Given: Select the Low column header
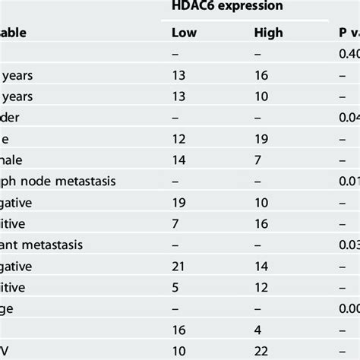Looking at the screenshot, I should point(185,33).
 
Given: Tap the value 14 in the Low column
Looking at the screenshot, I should point(180,160).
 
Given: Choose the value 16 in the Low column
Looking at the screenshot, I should point(180,329).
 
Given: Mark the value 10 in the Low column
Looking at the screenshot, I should point(180,349).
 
